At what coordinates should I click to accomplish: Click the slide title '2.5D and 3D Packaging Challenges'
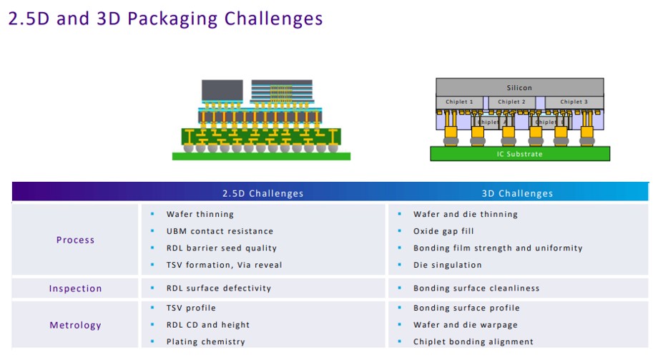coord(165,19)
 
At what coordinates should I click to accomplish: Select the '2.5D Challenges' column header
coord(262,193)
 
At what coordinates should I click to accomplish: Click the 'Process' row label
coord(75,240)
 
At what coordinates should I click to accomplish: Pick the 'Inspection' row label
coord(75,288)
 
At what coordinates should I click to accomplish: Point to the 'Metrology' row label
coord(75,325)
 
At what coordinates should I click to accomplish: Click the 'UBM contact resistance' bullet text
coord(220,231)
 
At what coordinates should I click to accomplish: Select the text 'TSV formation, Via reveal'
coord(224,265)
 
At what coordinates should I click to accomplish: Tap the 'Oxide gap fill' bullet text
coord(443,231)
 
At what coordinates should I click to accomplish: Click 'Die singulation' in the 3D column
coord(447,265)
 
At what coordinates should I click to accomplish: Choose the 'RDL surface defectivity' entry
coord(219,288)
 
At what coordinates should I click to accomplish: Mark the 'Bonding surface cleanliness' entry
coord(476,288)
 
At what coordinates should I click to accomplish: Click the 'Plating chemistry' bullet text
coord(205,341)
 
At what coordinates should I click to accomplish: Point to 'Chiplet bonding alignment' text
coord(473,341)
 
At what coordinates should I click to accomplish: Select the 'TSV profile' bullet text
coord(191,308)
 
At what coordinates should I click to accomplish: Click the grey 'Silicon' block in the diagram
coord(519,87)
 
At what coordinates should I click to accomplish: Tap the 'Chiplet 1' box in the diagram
coord(459,102)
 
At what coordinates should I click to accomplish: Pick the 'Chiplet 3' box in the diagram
coord(574,102)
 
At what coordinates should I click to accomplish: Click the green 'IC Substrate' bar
coord(519,154)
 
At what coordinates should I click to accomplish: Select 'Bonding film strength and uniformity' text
coord(498,248)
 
